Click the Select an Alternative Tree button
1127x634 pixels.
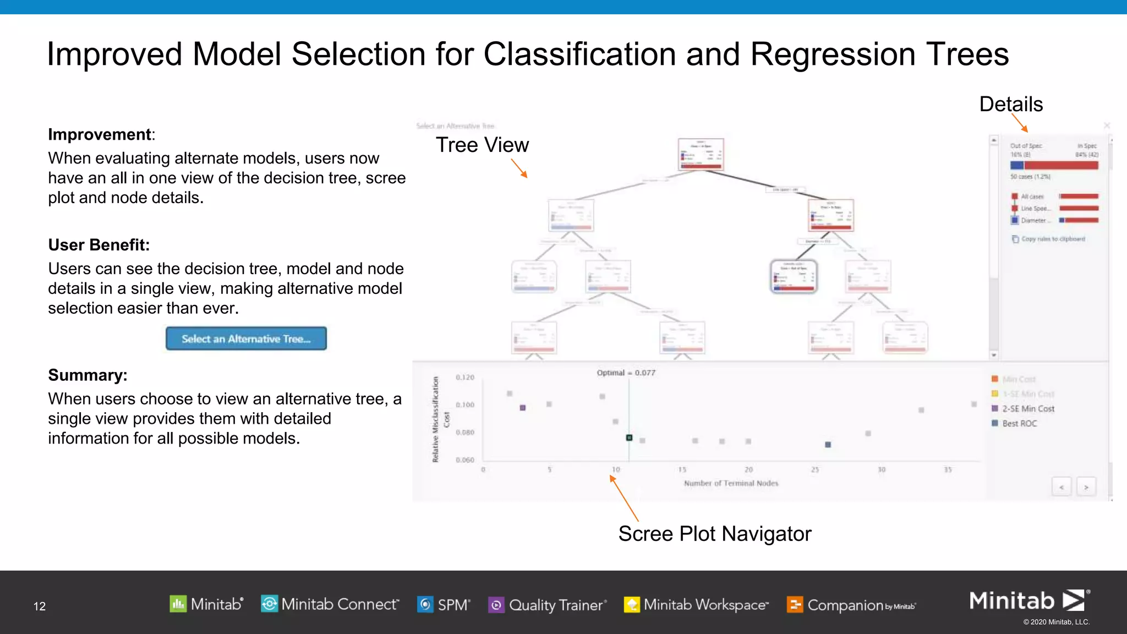point(246,338)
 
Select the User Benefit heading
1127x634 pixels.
point(99,245)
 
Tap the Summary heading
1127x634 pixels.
point(87,375)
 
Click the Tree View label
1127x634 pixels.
point(482,145)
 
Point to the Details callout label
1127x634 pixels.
point(1011,104)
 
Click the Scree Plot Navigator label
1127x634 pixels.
point(714,533)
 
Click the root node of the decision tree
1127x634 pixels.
point(701,155)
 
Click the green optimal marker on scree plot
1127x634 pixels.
point(629,438)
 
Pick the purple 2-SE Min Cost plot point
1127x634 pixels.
point(523,408)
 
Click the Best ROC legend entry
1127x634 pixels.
point(1019,423)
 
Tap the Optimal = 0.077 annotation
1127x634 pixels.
point(626,373)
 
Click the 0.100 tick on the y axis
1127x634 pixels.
point(465,405)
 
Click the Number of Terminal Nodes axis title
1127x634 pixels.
point(731,483)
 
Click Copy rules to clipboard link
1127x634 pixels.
point(1052,239)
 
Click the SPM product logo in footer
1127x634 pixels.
point(444,604)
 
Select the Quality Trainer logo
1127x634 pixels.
point(548,605)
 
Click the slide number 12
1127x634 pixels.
point(40,606)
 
